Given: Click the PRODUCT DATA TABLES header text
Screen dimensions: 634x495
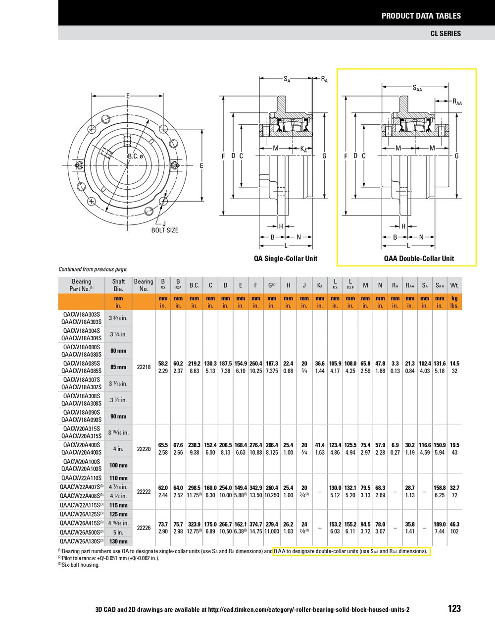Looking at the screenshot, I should click(x=421, y=16).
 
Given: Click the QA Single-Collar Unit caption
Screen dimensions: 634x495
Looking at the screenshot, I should click(x=285, y=259).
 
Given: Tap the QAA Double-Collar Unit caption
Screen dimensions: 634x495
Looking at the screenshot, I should click(x=419, y=259).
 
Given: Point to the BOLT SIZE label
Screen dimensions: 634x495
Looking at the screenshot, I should click(x=164, y=230).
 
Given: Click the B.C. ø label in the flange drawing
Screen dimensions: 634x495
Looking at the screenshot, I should click(x=135, y=157).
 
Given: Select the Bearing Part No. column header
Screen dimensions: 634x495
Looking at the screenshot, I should click(x=81, y=285).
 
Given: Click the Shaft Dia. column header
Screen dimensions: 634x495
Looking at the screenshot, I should click(x=118, y=285).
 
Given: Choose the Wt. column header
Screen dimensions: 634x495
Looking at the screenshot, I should click(x=454, y=285).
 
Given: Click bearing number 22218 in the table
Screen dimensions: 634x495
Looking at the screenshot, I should click(x=144, y=367).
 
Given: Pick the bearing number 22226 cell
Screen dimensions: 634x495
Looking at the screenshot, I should click(x=144, y=528).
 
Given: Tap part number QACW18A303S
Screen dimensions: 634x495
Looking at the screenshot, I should click(x=81, y=315).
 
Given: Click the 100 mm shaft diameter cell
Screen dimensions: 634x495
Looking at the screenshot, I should click(x=118, y=465).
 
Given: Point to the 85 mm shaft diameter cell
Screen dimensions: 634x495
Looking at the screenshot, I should click(x=118, y=367).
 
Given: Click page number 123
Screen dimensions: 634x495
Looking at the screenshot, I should click(x=453, y=609).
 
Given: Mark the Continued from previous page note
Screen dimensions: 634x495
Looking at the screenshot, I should click(x=93, y=269).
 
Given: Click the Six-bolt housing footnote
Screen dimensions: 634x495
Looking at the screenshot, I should click(x=79, y=565).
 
